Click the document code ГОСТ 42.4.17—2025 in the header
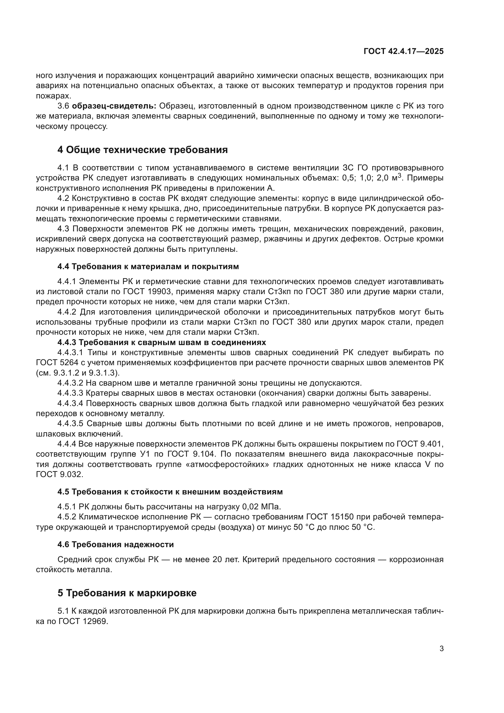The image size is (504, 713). click(x=403, y=51)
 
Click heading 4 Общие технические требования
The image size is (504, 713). click(x=142, y=150)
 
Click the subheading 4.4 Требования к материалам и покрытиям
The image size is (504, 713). click(x=148, y=266)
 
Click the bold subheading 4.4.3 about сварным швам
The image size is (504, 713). click(x=162, y=342)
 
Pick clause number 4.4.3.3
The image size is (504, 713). click(x=70, y=393)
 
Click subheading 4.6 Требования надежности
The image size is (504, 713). click(x=115, y=544)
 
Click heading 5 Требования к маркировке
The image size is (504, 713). click(x=127, y=593)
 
